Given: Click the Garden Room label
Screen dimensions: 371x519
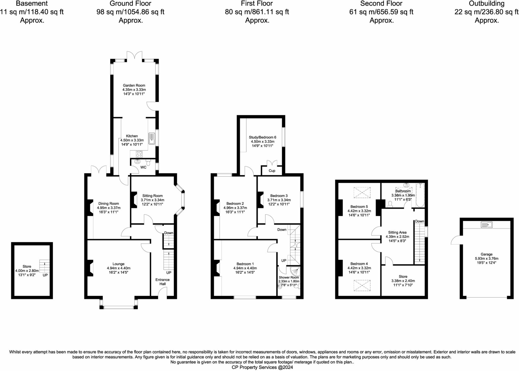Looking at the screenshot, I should [134, 85].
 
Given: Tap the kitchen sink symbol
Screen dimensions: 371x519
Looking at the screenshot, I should [152, 138].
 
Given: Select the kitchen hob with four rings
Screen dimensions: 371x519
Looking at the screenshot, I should [139, 154].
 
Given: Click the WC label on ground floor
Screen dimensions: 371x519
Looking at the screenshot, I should [143, 167].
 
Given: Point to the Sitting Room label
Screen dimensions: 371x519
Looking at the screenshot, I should [152, 196].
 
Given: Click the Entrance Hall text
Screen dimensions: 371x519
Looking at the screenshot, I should [162, 282].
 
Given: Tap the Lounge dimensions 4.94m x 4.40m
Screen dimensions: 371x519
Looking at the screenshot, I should [119, 268].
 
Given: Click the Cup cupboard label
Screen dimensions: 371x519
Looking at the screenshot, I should [272, 171].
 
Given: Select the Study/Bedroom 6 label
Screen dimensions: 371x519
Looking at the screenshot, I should [262, 137].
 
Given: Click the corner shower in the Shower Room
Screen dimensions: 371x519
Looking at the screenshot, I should [295, 271].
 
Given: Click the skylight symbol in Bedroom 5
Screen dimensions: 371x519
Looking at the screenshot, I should [362, 192].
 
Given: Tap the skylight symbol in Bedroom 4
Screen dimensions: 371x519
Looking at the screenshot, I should [362, 285].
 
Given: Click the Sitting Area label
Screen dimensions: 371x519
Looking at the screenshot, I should [397, 232].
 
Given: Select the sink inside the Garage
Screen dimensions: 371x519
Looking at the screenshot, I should [486, 225].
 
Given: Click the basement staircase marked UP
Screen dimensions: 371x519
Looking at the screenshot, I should [45, 266].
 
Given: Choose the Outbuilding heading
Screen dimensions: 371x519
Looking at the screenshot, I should [486, 4].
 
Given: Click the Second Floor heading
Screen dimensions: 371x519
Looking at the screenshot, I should [381, 4].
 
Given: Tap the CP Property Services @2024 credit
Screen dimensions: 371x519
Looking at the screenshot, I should [262, 367].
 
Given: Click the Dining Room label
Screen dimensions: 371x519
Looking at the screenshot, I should [108, 203].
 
